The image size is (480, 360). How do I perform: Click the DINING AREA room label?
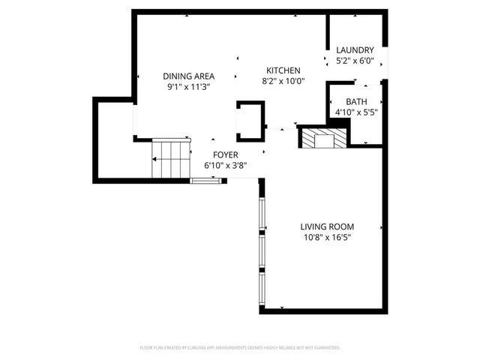(x=189, y=76)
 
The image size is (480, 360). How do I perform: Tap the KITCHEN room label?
(x=281, y=70)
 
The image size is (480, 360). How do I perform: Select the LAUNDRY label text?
(x=355, y=50)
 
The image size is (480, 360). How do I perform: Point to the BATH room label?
(x=356, y=102)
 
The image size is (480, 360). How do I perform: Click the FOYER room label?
(x=225, y=154)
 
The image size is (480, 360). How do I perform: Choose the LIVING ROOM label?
(x=327, y=226)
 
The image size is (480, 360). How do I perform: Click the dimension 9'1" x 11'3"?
(x=189, y=86)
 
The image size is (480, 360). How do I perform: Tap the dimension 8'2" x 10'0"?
(x=281, y=80)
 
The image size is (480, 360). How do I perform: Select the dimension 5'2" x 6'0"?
(x=355, y=61)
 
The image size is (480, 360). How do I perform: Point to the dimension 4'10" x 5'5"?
(x=356, y=112)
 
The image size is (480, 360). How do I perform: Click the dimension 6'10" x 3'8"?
(x=225, y=165)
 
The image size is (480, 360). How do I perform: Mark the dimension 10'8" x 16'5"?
(x=327, y=237)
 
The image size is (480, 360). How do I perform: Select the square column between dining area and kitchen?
(x=250, y=121)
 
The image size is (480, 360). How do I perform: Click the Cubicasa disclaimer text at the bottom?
(x=240, y=348)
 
